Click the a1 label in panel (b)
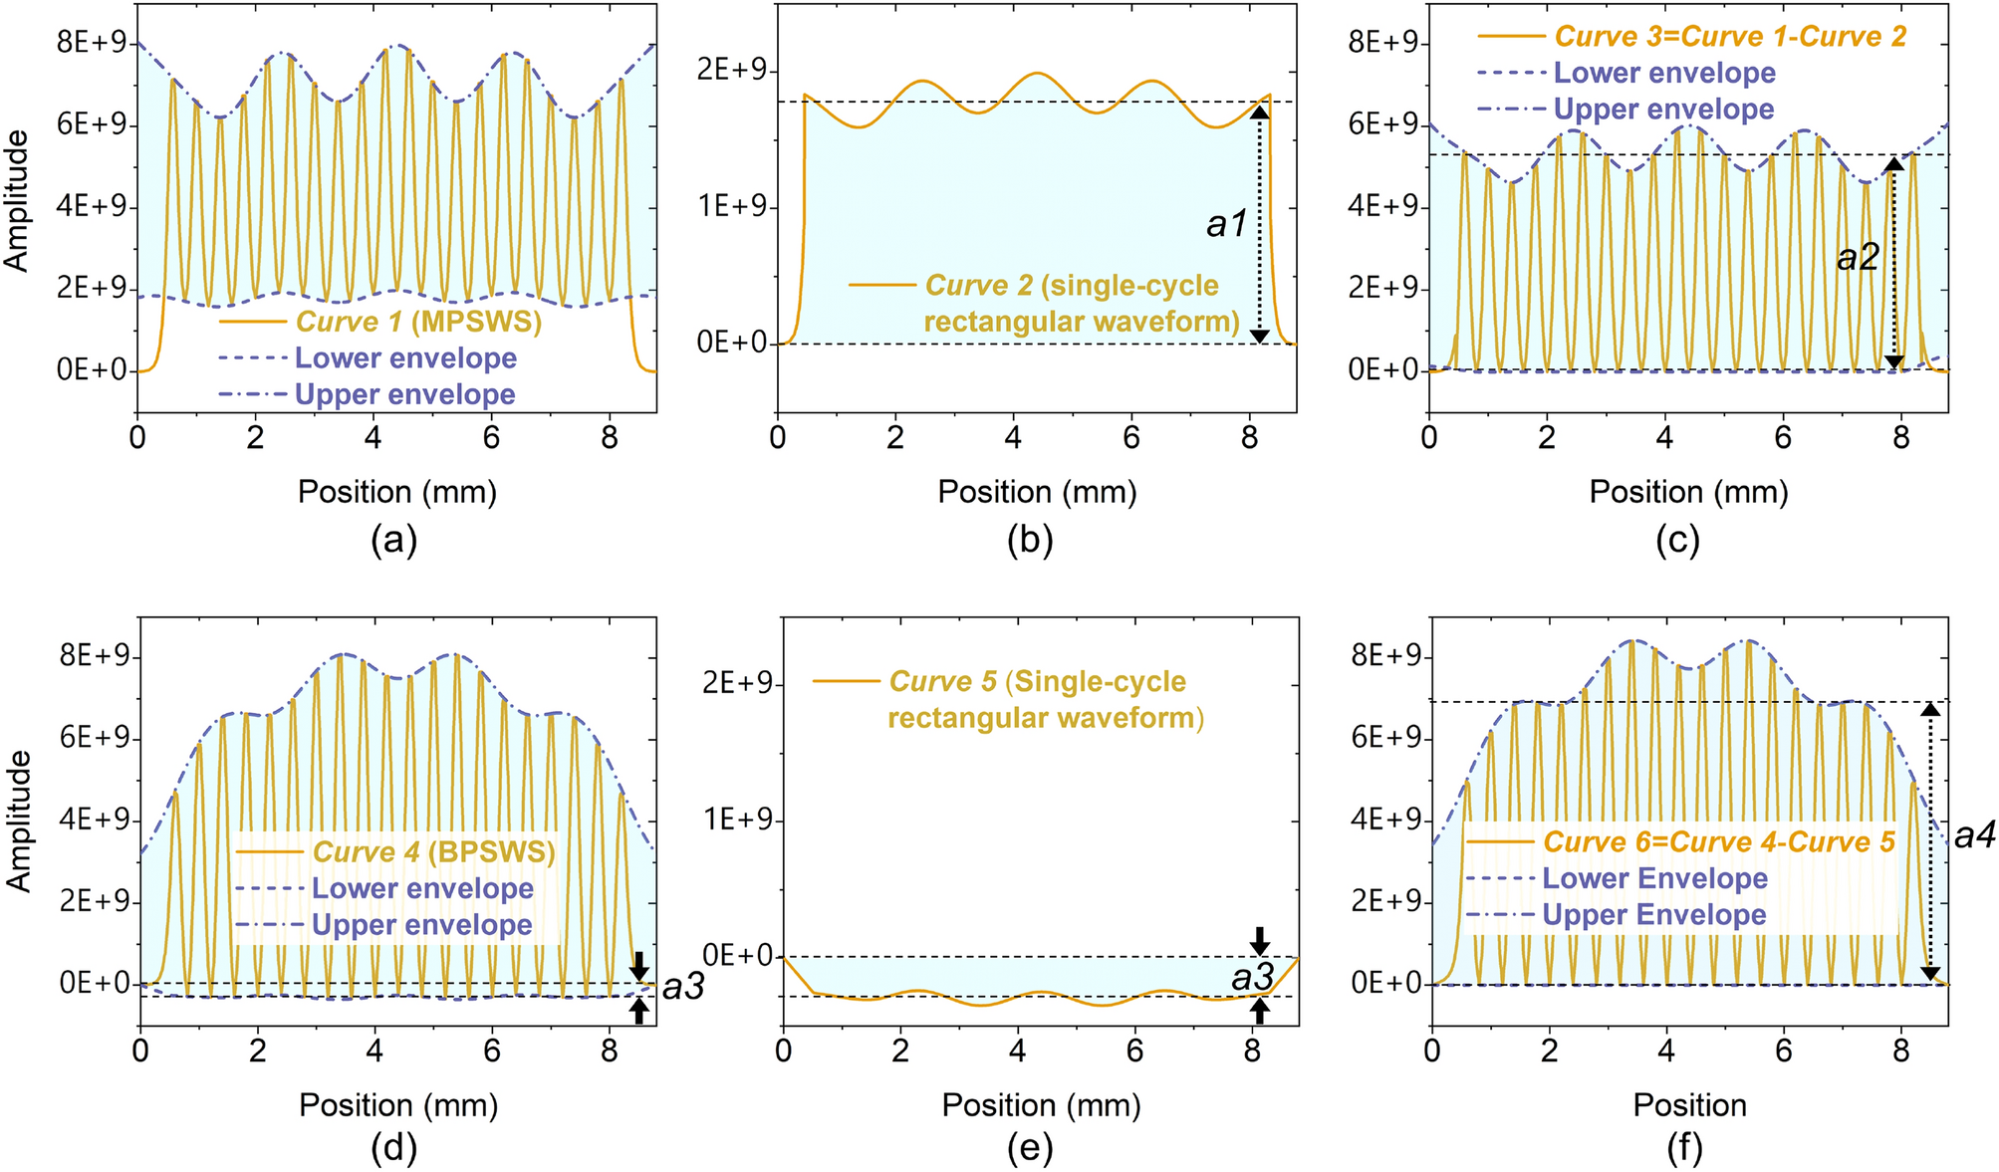(x=1226, y=224)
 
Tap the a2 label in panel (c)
(x=1857, y=258)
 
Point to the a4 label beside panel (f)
(x=1974, y=834)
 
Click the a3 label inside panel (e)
(x=1252, y=978)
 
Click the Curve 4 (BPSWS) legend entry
(x=433, y=851)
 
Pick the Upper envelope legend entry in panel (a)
(x=404, y=394)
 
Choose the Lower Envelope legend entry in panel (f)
(x=1654, y=878)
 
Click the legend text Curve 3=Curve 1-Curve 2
(x=1730, y=37)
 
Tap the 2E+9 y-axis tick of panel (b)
(x=729, y=71)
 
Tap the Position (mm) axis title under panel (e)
(x=1040, y=1104)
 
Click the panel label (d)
(x=393, y=1149)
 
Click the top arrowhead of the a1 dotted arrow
(x=1260, y=112)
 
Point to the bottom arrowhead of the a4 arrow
(x=1930, y=973)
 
